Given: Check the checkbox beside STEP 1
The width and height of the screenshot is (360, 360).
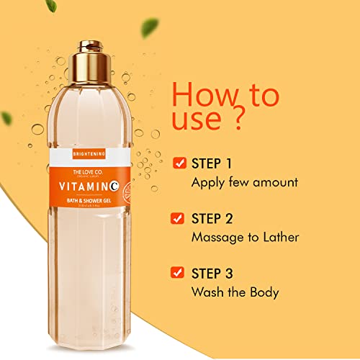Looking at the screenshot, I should pyautogui.click(x=179, y=163).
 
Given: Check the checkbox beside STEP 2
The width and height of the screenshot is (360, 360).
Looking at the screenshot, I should pyautogui.click(x=179, y=217).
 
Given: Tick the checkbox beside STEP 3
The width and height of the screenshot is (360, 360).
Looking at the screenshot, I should pyautogui.click(x=179, y=272).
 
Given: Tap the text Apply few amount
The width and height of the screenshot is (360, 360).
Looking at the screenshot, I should pyautogui.click(x=244, y=182).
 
